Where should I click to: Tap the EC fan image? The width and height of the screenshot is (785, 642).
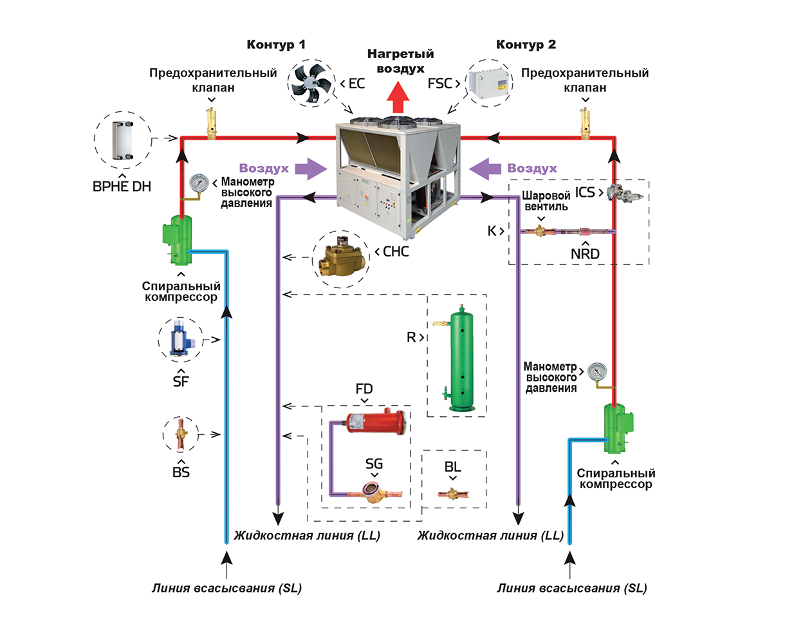(311, 84)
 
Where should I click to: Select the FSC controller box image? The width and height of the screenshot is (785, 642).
(488, 84)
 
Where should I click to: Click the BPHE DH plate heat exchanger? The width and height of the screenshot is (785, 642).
(122, 140)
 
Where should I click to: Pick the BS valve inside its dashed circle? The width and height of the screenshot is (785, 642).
(181, 434)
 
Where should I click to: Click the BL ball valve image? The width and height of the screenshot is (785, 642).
(453, 494)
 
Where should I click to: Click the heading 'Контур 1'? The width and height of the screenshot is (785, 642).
(276, 44)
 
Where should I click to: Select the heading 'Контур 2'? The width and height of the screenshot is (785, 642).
(526, 44)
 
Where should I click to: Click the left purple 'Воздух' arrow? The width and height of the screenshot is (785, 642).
(311, 169)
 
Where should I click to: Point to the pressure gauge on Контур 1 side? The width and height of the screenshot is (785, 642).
(199, 183)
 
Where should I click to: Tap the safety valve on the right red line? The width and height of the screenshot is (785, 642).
(585, 124)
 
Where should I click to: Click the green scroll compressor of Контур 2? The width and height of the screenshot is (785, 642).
(617, 428)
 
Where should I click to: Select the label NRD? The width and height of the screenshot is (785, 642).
(585, 254)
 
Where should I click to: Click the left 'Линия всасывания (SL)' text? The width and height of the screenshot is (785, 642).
(226, 588)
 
